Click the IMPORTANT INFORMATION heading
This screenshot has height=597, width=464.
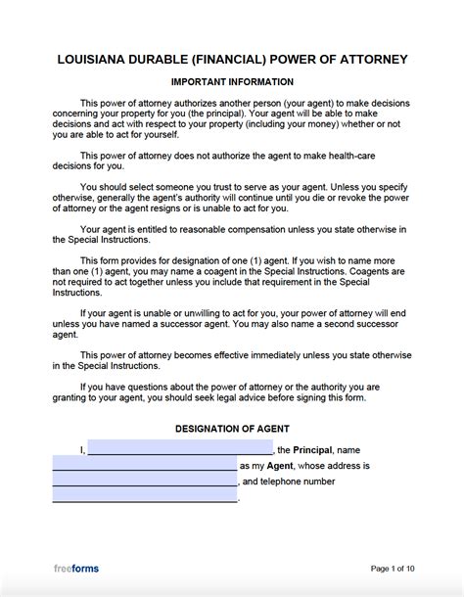(x=232, y=82)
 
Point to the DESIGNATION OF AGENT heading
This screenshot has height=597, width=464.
(x=232, y=429)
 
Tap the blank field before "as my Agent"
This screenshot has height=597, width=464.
(x=144, y=466)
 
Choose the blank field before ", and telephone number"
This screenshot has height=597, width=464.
(x=144, y=482)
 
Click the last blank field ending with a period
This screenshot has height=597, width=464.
(x=144, y=497)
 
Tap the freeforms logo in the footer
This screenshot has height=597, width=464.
(x=75, y=569)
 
